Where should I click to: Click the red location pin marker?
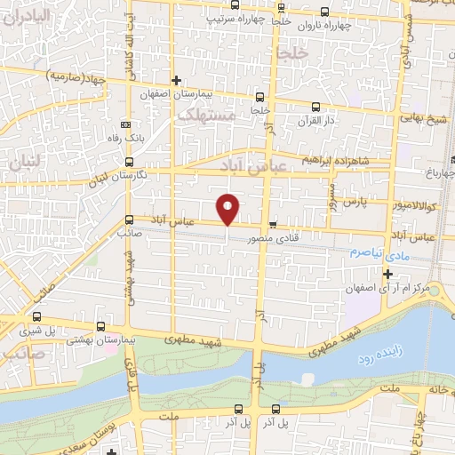point(228,208)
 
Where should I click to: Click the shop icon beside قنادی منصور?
point(273,223)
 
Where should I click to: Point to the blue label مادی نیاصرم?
point(378,253)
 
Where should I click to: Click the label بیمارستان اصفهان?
point(177,94)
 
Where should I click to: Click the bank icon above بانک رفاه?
point(124,124)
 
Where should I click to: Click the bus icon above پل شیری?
point(36,316)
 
